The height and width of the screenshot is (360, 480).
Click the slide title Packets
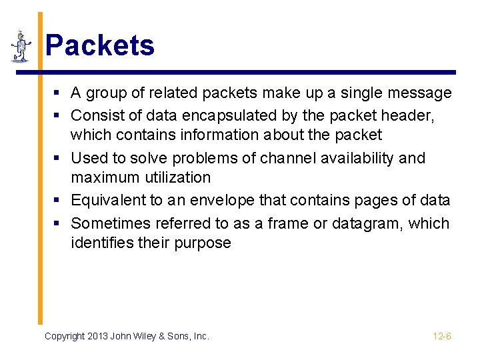[x=99, y=46]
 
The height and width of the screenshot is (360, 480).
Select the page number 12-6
[x=442, y=337]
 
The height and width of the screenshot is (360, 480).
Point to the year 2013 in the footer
[x=97, y=337]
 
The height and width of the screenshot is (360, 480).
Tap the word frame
[x=289, y=223]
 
